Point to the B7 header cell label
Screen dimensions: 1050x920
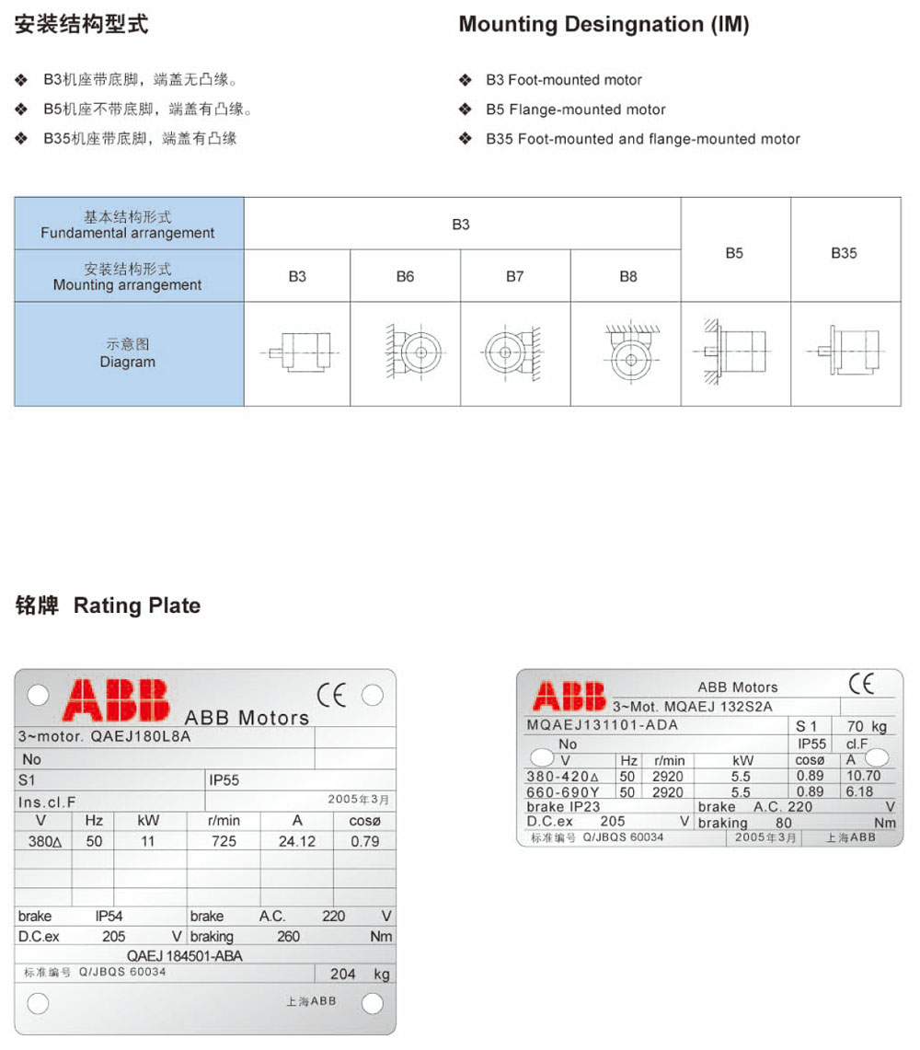coord(514,276)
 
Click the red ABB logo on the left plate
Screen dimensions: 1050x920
coord(116,699)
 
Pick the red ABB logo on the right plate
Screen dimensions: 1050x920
coord(569,696)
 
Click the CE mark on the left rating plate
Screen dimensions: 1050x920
coord(332,695)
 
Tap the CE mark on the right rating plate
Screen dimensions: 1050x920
coord(861,684)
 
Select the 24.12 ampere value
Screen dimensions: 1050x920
coord(296,841)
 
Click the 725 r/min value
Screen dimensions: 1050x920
coord(224,841)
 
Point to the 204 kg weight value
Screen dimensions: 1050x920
coord(342,974)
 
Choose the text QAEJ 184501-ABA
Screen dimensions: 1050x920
coord(184,956)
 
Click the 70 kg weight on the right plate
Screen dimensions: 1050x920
coord(867,726)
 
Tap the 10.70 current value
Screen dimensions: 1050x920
coord(862,776)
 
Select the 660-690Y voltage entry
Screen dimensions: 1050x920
coord(563,791)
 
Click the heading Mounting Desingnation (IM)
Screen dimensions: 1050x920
coord(604,25)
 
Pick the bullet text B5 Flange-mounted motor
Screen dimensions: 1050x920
coord(575,110)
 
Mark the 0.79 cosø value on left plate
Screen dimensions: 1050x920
coord(365,841)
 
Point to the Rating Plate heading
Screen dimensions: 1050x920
coord(137,606)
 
